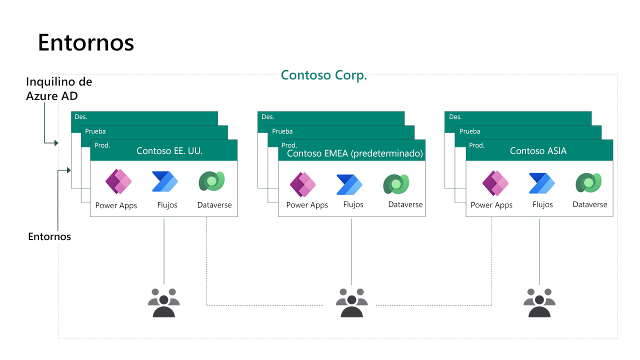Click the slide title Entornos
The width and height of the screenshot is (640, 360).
pyautogui.click(x=86, y=43)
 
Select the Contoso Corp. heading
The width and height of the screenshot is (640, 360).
pyautogui.click(x=324, y=75)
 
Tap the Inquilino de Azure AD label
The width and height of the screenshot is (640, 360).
pyautogui.click(x=59, y=88)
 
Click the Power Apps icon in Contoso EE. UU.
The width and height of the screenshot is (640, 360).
pyautogui.click(x=118, y=181)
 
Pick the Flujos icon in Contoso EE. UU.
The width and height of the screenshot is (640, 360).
pyautogui.click(x=165, y=181)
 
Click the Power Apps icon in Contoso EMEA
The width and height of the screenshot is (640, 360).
pyautogui.click(x=303, y=184)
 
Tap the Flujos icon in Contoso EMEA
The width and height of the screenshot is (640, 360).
pyautogui.click(x=349, y=184)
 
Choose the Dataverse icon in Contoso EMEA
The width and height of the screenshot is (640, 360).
pyautogui.click(x=396, y=184)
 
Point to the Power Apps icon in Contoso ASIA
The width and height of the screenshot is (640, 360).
pyautogui.click(x=495, y=183)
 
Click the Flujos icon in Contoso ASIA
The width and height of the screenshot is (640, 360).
pyautogui.click(x=542, y=183)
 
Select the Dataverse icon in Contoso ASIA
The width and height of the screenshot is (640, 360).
pyautogui.click(x=588, y=182)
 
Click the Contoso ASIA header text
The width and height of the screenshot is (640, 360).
pyautogui.click(x=538, y=150)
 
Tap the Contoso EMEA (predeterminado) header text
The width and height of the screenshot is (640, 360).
pyautogui.click(x=355, y=153)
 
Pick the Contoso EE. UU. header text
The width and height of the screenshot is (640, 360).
pyautogui.click(x=169, y=150)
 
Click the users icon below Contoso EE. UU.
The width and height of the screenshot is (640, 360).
pyautogui.click(x=164, y=302)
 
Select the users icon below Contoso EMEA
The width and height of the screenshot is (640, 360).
pyautogui.click(x=351, y=302)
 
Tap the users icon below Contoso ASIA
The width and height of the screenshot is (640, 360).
pyautogui.click(x=539, y=302)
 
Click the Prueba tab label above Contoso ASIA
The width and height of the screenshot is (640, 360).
pyautogui.click(x=469, y=131)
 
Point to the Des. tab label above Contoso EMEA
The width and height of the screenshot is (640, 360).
pyautogui.click(x=268, y=117)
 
